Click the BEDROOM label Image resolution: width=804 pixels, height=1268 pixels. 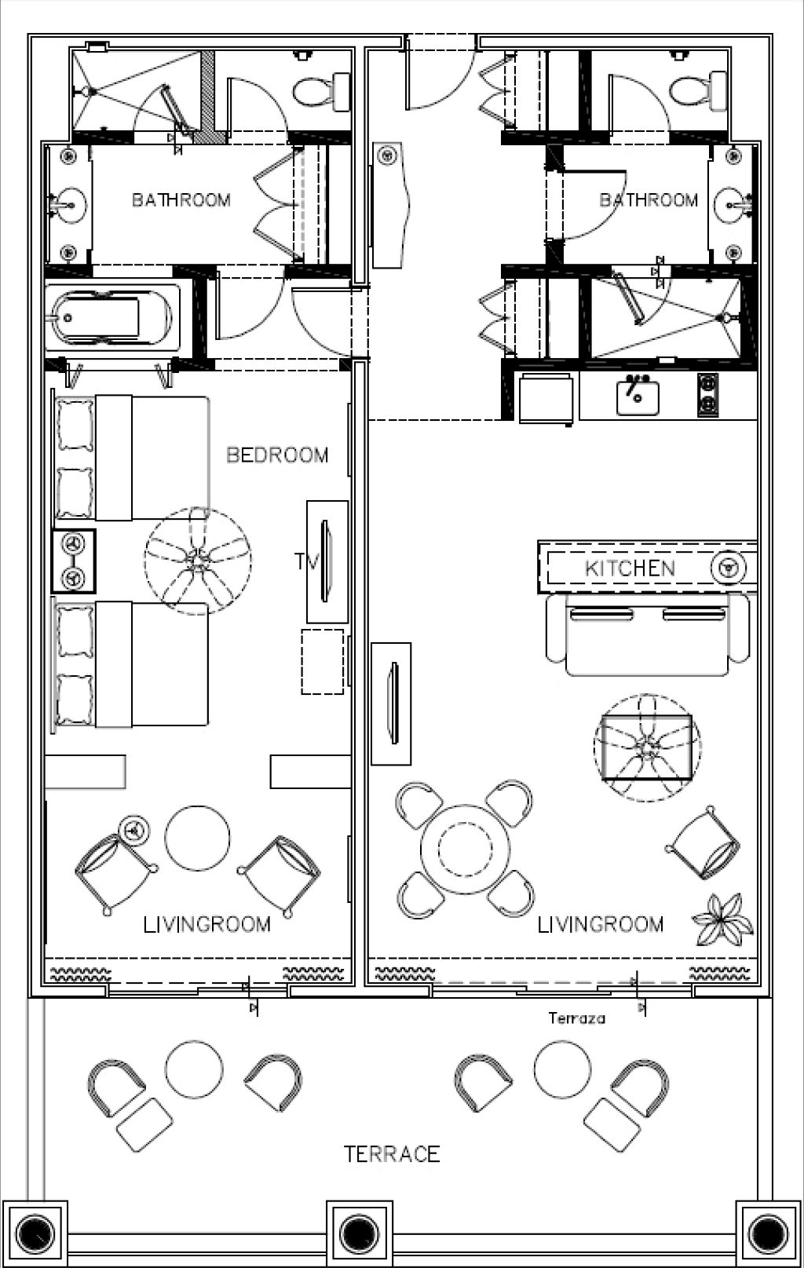coord(277,455)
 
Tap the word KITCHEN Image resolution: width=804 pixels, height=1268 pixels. coord(630,568)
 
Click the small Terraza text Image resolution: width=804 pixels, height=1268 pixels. coord(576,1018)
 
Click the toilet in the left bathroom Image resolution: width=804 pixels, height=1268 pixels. coord(321,91)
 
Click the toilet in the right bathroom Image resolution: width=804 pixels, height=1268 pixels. coord(697,90)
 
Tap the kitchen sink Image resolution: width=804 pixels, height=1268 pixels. coord(638,397)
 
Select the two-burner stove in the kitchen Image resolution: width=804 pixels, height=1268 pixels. coord(707,395)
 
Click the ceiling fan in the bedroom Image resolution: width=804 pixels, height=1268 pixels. coord(198,561)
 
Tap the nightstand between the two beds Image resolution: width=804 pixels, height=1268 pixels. coord(74,561)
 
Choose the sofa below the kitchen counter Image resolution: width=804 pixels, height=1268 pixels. coord(648,634)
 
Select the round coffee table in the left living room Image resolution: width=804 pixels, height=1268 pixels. coord(197,839)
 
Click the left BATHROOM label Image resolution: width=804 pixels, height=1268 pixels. coord(181,200)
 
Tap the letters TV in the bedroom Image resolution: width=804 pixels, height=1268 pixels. coord(306,561)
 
